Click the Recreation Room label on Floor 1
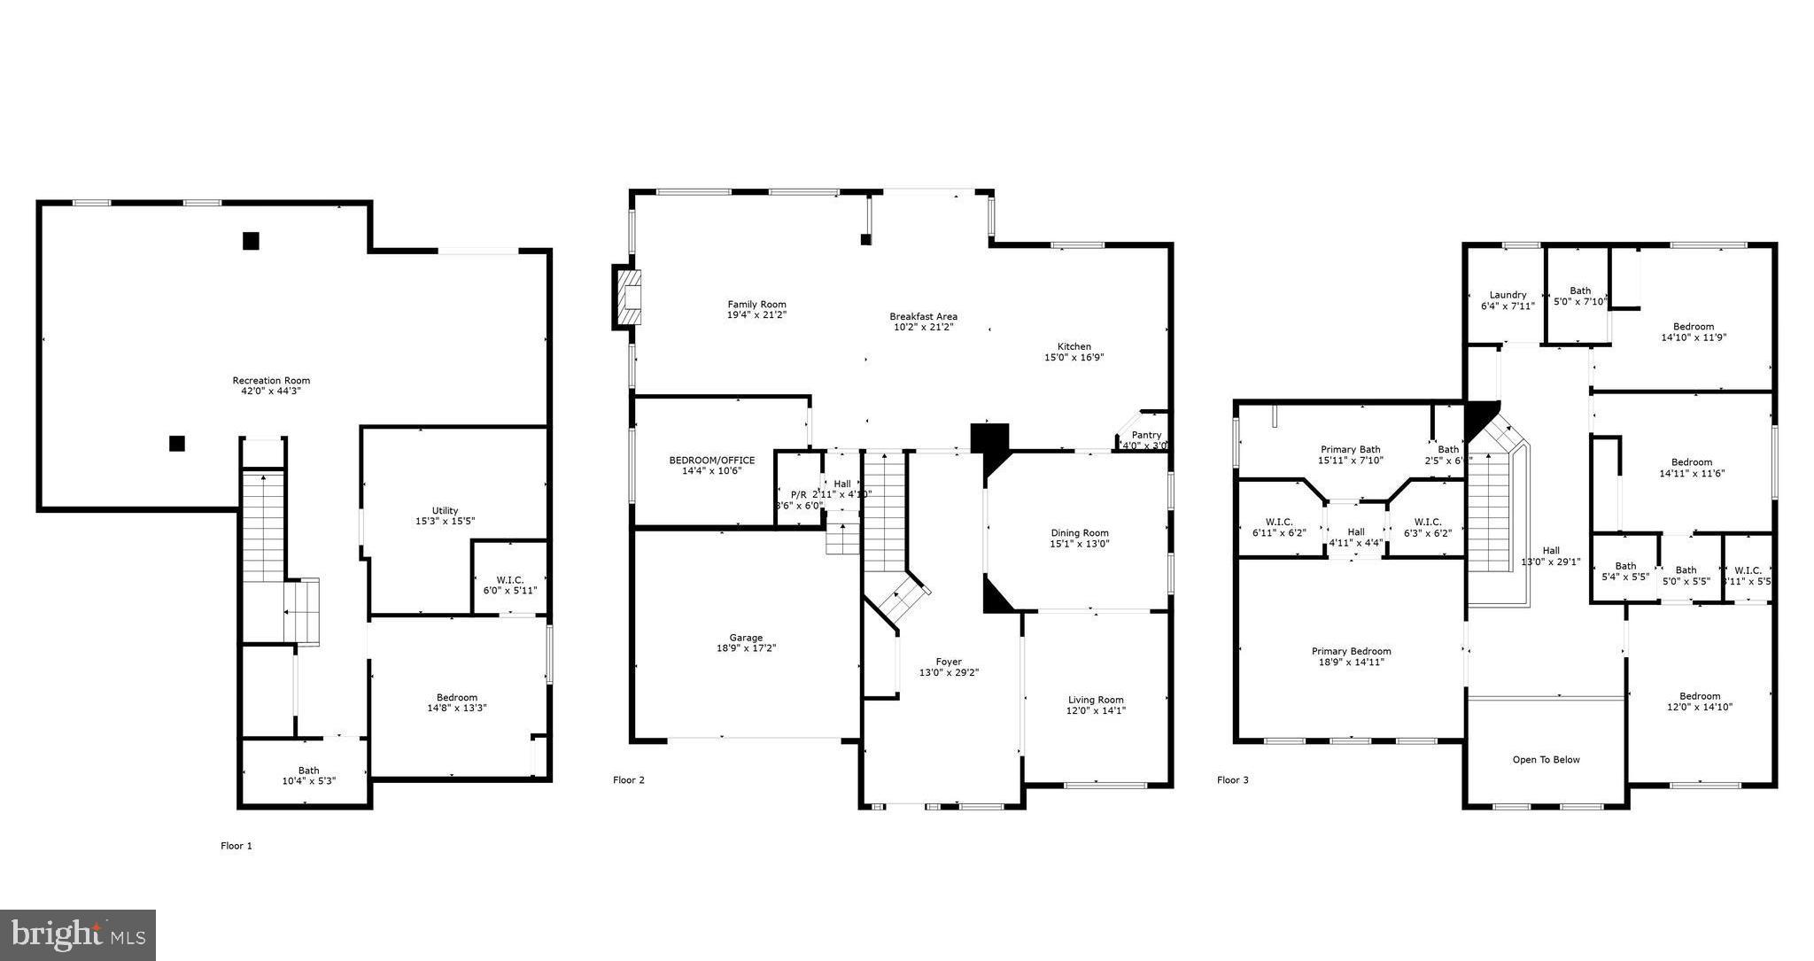271,381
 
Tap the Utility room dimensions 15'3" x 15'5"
445,522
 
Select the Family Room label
756,305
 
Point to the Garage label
746,638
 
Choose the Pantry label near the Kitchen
1146,435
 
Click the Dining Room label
1079,533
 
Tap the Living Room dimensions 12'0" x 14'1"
1096,710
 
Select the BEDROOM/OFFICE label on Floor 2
711,461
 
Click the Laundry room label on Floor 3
1508,295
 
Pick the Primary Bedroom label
1351,651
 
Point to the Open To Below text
1546,760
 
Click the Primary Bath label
1350,449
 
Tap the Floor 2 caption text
629,780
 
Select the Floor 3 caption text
1232,780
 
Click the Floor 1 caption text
236,846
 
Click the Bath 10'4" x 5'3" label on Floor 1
308,771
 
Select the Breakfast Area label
923,316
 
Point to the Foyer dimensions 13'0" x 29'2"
949,672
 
